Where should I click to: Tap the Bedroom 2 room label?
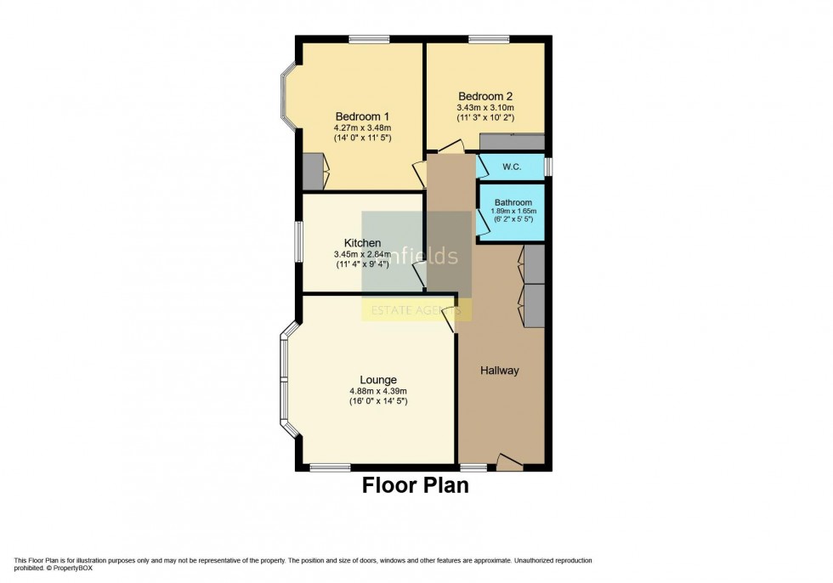coord(484,96)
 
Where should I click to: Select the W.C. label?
coord(512,167)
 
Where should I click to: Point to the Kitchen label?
coord(362,243)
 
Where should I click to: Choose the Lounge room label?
coord(377,380)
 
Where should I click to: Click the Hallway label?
coord(499,371)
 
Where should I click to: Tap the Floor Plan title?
coord(416,485)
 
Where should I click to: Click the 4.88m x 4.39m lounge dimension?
coord(377,391)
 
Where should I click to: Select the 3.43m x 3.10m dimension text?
coord(484,108)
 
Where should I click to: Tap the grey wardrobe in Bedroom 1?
coord(312,172)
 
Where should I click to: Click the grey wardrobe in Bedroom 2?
coord(512,142)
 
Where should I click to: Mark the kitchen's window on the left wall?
coord(298,243)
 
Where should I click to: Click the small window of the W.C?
coord(548,167)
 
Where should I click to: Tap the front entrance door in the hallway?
coord(509,463)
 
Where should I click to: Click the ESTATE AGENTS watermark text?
coord(416,311)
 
